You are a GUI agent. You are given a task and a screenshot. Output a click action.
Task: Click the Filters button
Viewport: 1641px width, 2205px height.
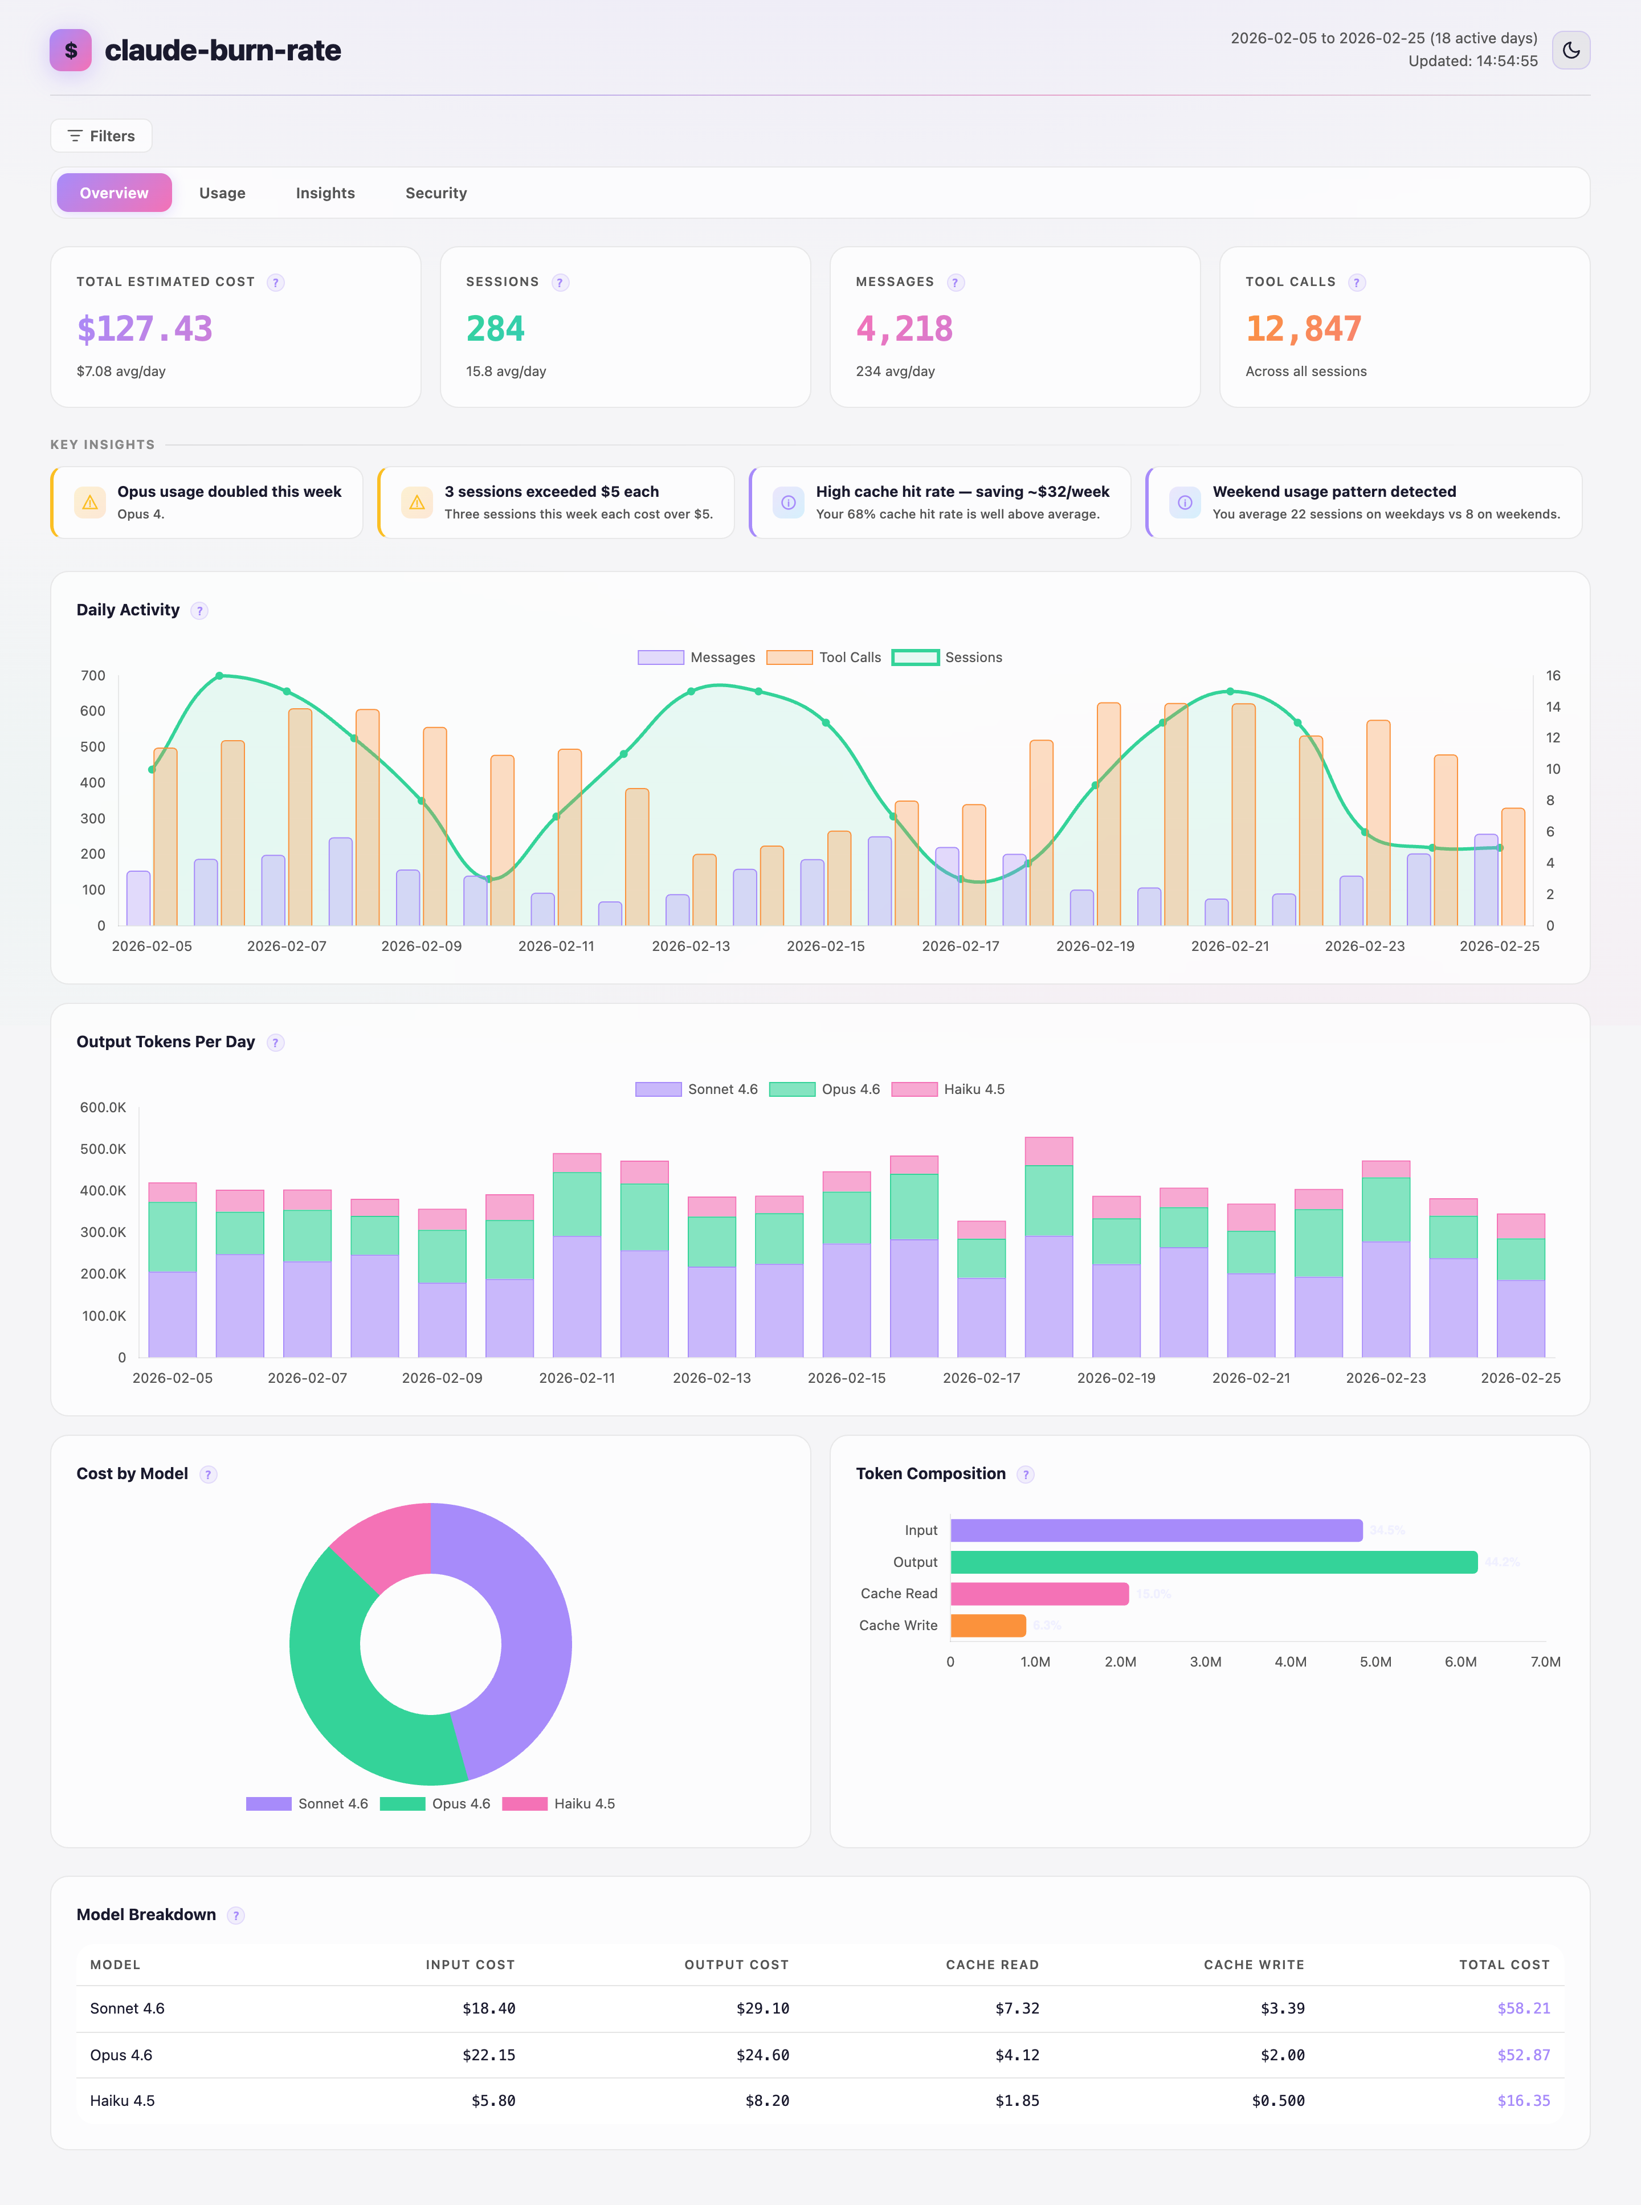[101, 136]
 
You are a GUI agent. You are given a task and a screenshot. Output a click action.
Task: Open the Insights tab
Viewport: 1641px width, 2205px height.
[325, 193]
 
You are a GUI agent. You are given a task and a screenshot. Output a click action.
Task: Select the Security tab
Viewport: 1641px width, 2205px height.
[435, 193]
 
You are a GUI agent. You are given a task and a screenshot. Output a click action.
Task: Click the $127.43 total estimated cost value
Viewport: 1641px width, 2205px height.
[145, 329]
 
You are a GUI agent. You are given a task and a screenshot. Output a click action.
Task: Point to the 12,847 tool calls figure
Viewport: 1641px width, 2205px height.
[1303, 329]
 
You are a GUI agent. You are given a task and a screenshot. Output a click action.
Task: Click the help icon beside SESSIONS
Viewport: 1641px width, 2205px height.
[560, 283]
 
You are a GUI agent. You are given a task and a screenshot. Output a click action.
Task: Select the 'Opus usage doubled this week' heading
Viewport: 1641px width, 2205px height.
[230, 492]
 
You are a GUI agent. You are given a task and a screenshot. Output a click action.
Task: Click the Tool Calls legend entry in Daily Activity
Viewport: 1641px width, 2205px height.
[824, 658]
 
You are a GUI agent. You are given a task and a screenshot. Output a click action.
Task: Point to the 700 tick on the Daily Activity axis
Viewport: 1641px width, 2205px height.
[93, 675]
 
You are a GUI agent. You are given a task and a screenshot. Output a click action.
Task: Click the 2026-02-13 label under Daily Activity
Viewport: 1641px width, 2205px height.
[691, 946]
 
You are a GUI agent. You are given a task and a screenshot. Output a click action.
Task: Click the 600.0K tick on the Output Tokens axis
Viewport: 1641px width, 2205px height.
[103, 1108]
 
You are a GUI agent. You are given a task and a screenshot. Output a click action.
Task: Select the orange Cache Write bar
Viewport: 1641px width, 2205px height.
[987, 1625]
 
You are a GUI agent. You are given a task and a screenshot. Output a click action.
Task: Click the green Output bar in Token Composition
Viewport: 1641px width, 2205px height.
[1212, 1562]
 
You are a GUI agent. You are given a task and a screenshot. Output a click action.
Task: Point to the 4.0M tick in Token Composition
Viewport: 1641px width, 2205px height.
[1291, 1661]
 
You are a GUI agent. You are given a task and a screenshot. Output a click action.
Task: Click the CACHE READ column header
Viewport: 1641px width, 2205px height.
[991, 1965]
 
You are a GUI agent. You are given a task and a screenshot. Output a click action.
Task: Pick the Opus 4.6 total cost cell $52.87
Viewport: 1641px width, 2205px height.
[1523, 2055]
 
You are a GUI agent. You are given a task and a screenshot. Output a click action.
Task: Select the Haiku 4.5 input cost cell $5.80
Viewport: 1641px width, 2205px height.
[493, 2101]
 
